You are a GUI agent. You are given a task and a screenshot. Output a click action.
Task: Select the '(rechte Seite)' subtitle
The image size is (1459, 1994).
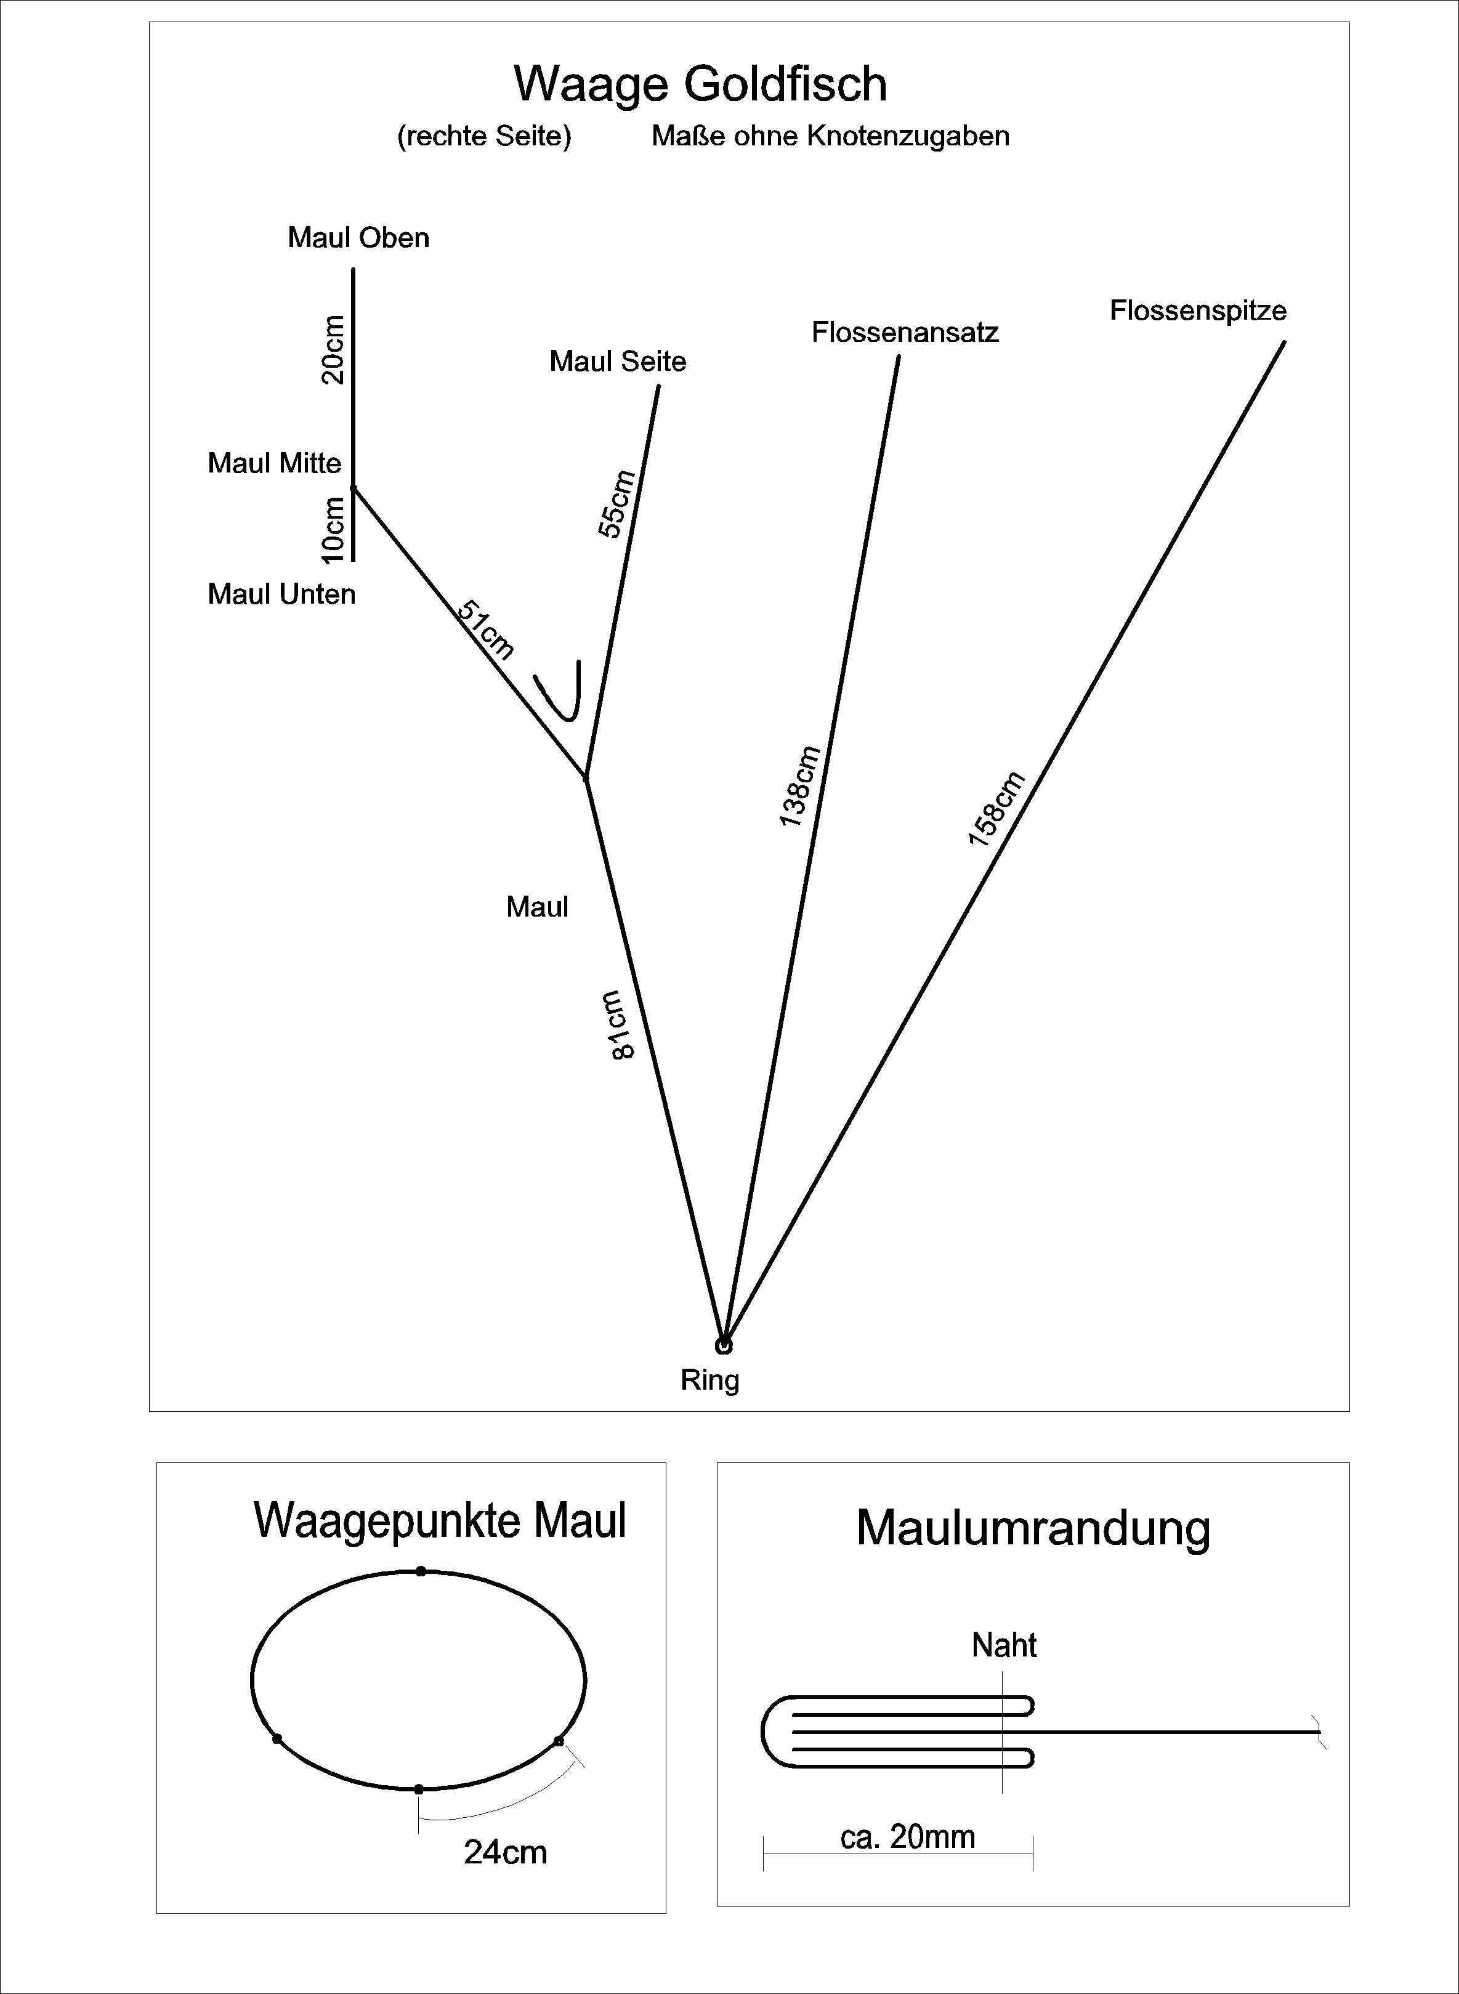tap(484, 136)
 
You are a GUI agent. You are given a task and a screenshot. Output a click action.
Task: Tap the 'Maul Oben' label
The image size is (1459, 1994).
tap(358, 238)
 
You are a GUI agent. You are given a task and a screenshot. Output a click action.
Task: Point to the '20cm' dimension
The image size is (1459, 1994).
tap(333, 349)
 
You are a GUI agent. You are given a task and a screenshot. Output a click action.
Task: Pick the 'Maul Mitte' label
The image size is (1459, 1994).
tap(274, 463)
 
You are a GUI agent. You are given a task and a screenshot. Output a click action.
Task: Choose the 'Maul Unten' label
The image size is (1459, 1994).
tap(281, 594)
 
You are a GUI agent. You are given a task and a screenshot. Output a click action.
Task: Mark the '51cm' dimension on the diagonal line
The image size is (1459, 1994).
tap(485, 630)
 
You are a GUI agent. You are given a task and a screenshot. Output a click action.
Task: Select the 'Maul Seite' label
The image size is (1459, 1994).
tap(617, 362)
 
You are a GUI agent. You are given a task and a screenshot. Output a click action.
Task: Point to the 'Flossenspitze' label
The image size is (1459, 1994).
tap(1198, 311)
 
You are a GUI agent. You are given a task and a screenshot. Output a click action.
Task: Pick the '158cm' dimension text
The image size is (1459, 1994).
tap(996, 809)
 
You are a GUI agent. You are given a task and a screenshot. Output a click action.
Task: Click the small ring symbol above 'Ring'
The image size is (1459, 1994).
tap(723, 1347)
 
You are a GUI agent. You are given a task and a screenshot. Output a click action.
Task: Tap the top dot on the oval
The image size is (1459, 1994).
tap(421, 1571)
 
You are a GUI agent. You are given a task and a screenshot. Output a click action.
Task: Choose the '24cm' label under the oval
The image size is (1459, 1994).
tap(505, 1852)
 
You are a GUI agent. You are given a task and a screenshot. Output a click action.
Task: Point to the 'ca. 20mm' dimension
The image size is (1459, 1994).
tap(907, 1837)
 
